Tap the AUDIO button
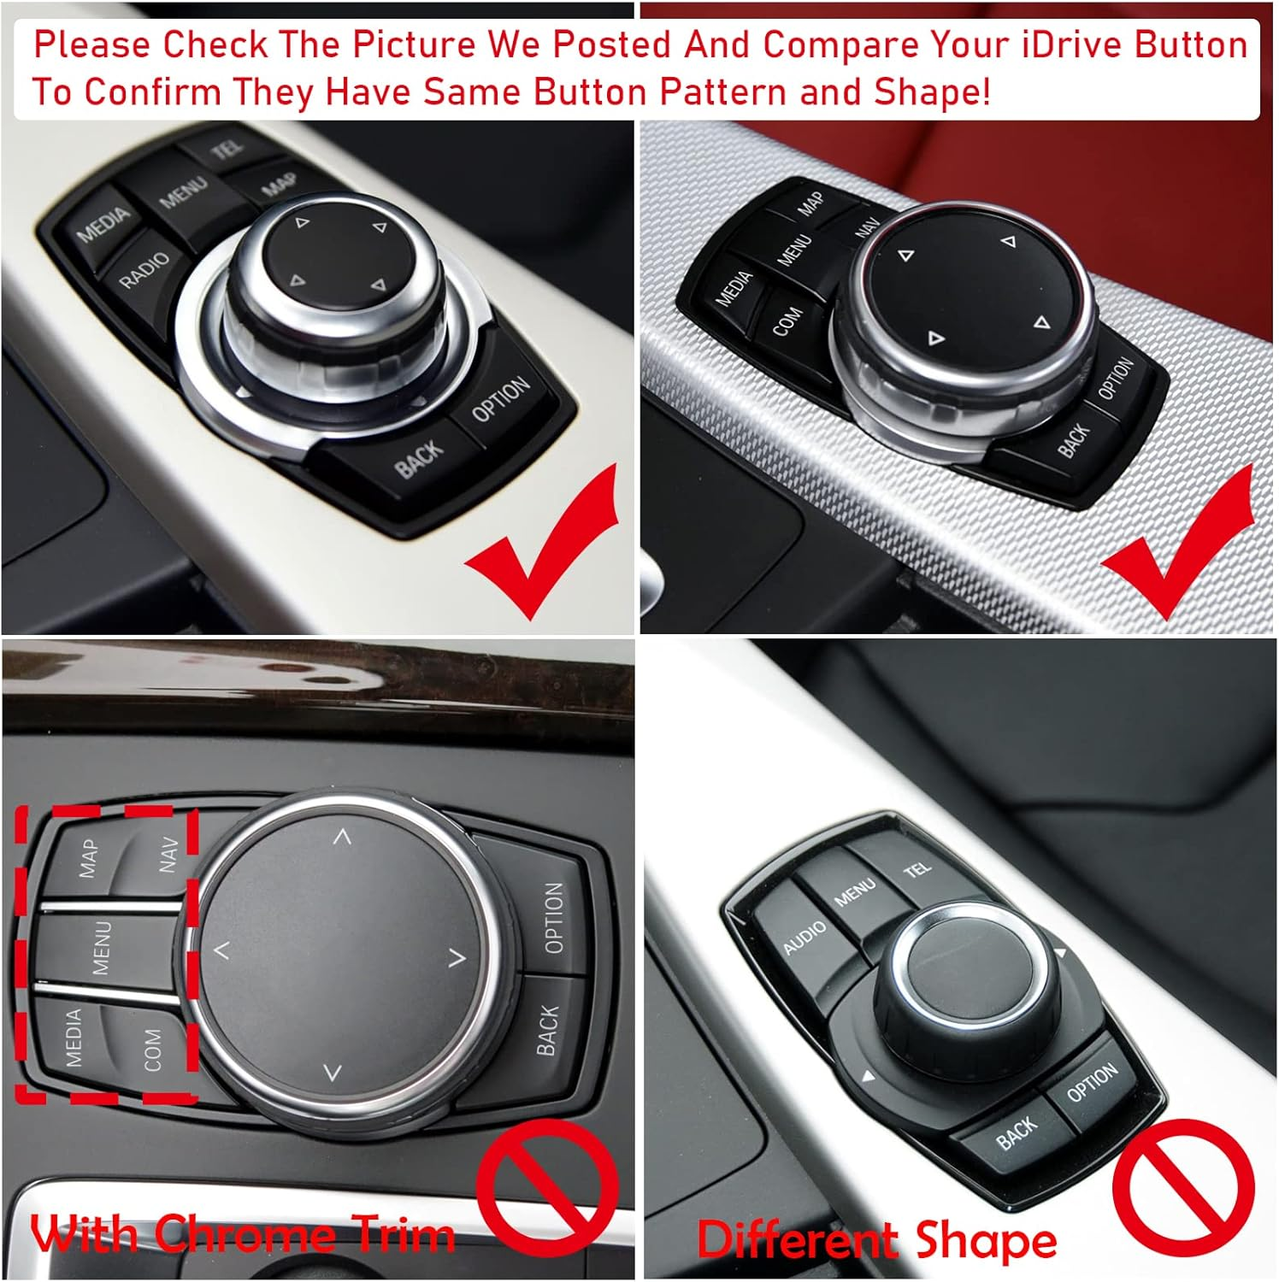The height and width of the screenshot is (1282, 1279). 805,938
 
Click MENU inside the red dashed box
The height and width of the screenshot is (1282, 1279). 101,947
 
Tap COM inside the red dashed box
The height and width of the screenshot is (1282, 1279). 151,1049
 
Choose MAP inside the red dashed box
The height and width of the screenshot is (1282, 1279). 87,858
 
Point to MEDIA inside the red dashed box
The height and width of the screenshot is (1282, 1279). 74,1038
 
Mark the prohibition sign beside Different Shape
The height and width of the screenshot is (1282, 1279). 1183,1185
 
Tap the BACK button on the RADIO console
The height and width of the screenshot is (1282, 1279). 419,459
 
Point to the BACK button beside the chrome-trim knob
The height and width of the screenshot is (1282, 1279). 547,1030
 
